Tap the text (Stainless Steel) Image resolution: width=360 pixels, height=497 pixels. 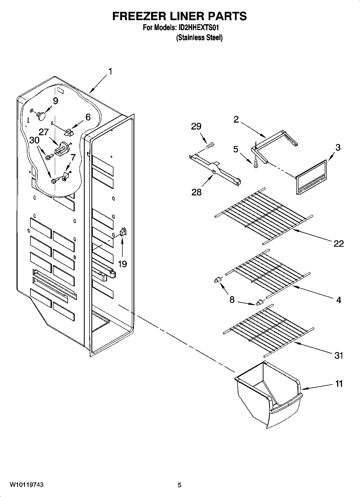click(x=199, y=38)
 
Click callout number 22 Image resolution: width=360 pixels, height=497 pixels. click(x=338, y=244)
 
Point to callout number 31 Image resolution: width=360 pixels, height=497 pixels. click(x=338, y=356)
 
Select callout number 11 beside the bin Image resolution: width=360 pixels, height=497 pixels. click(x=339, y=384)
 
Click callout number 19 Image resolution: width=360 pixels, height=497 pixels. click(x=122, y=264)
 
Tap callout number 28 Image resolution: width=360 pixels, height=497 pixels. click(x=196, y=192)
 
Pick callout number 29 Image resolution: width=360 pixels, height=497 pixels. click(x=196, y=126)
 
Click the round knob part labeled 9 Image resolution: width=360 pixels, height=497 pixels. click(x=41, y=115)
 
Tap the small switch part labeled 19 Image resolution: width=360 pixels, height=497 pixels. click(x=123, y=232)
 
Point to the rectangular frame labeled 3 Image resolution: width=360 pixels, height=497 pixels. click(x=311, y=177)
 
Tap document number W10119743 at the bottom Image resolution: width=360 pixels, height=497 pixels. click(x=27, y=485)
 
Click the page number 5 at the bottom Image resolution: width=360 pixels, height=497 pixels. click(x=179, y=485)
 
